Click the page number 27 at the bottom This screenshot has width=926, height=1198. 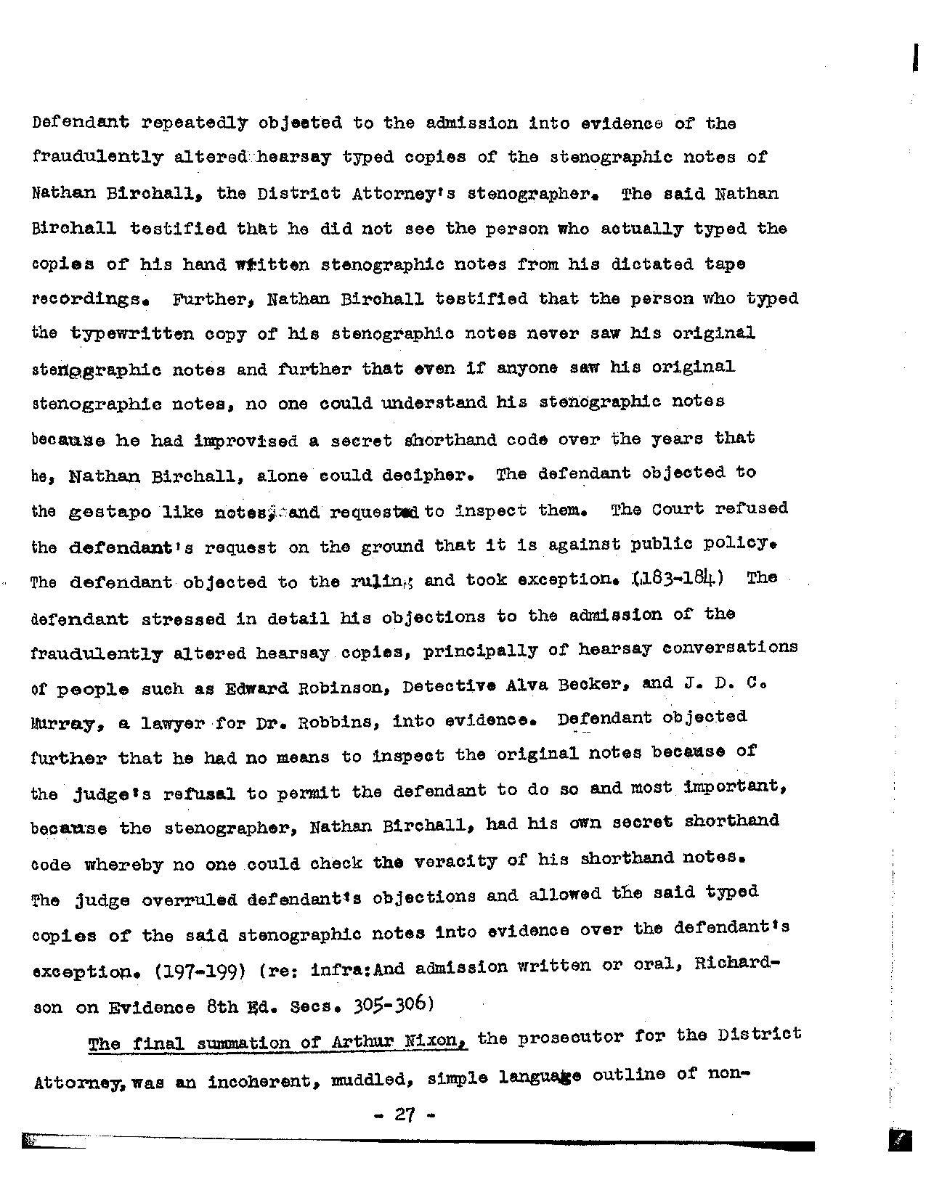click(x=405, y=1114)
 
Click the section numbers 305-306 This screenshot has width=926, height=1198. click(x=393, y=1003)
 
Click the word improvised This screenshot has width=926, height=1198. click(x=246, y=441)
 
